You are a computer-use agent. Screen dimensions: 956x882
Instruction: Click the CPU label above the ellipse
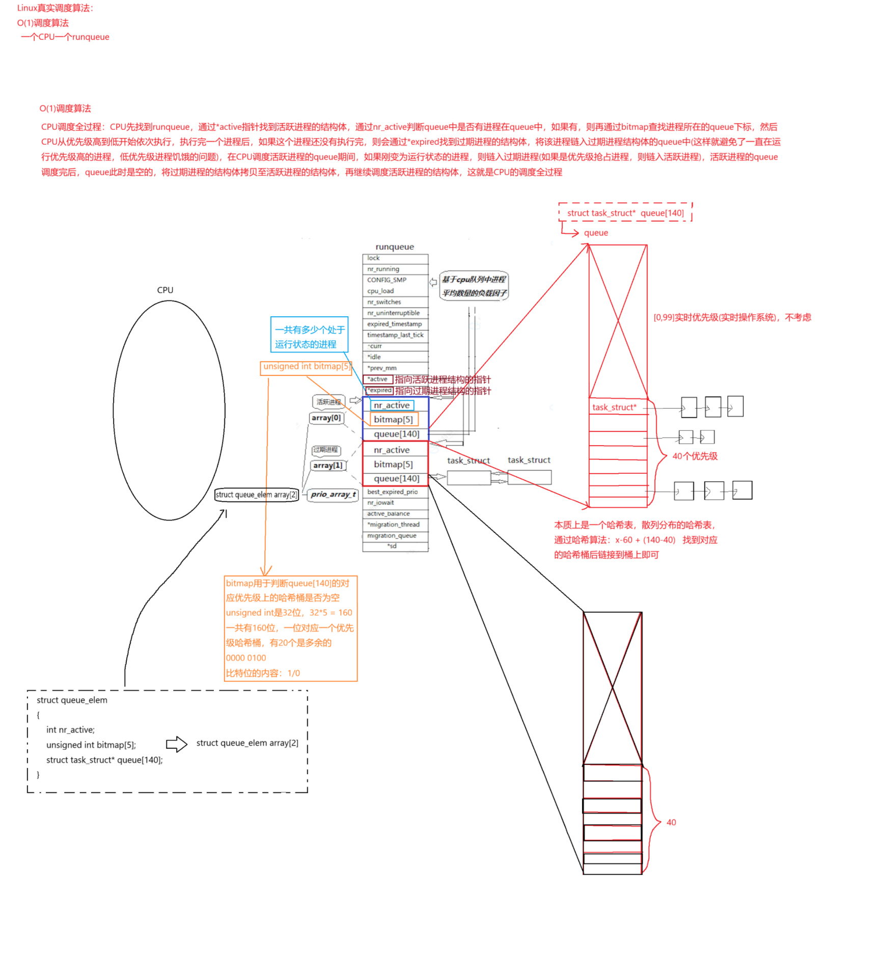click(x=165, y=290)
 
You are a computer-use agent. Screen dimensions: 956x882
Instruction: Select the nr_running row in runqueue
click(x=395, y=269)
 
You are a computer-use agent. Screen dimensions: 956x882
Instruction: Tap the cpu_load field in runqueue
click(x=395, y=291)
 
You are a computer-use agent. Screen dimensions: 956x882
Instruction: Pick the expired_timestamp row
click(x=395, y=324)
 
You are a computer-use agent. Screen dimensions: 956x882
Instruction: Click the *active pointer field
click(x=378, y=379)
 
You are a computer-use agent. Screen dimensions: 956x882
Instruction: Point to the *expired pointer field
click(x=380, y=391)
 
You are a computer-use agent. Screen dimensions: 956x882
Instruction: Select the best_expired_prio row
click(x=395, y=492)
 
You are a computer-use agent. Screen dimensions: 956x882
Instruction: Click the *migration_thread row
click(x=395, y=525)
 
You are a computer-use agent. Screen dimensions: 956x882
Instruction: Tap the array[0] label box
click(x=326, y=418)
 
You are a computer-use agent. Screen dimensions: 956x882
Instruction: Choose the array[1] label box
click(x=328, y=466)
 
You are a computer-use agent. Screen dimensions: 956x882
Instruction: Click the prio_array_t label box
click(x=333, y=495)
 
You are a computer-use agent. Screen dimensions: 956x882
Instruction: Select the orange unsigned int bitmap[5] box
click(x=306, y=367)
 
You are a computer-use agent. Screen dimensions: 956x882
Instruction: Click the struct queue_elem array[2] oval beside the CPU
click(x=257, y=495)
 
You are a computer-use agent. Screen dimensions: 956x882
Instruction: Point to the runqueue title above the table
click(x=395, y=247)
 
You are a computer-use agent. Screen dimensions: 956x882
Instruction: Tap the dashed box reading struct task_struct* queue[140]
click(x=625, y=213)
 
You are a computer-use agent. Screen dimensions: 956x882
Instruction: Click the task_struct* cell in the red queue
click(x=615, y=407)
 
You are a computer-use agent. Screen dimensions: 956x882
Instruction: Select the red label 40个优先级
click(x=695, y=456)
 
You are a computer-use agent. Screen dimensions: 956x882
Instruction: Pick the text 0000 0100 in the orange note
click(x=246, y=658)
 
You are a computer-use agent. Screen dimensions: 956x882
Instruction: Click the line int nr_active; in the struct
click(x=70, y=730)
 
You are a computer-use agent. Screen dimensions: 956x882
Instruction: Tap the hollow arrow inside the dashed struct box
click(x=177, y=744)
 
